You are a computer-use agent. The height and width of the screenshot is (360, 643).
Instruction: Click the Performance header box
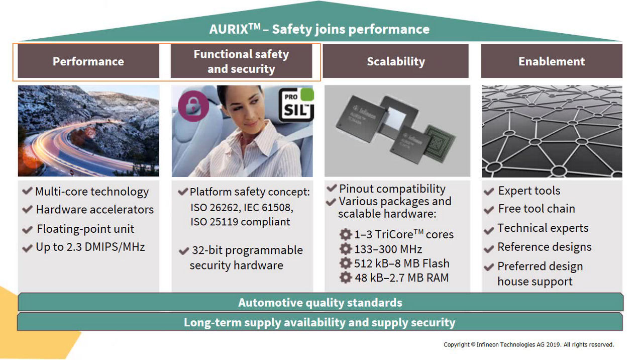tap(88, 61)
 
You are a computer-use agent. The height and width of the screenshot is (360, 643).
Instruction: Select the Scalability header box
tap(395, 61)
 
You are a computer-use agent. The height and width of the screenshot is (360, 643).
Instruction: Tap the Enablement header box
tap(552, 61)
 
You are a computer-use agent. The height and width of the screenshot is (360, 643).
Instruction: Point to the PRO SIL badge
tap(296, 105)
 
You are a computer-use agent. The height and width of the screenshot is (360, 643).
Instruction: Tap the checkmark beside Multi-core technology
tap(28, 192)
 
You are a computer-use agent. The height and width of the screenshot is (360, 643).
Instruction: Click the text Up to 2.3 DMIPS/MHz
tap(90, 247)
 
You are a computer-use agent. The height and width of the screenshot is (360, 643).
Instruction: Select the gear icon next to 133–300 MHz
tap(345, 249)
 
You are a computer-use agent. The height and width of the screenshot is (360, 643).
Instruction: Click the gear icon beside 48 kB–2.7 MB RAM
tap(345, 278)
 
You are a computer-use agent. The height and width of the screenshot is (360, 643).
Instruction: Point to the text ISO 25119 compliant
tap(240, 222)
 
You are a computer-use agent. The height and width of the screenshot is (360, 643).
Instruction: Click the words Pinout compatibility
tap(392, 189)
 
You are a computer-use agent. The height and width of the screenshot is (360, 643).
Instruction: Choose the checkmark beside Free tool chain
tap(489, 209)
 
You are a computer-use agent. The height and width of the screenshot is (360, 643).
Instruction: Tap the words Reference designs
tap(545, 247)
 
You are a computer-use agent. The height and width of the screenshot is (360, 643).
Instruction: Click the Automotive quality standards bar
tap(320, 303)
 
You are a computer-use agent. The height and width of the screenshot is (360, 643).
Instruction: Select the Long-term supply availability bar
tap(320, 322)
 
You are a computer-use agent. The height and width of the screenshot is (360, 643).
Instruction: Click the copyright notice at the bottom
tap(528, 345)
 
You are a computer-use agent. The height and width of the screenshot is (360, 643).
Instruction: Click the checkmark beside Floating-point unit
tap(28, 230)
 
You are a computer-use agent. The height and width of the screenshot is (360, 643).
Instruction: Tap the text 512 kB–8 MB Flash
tap(401, 263)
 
